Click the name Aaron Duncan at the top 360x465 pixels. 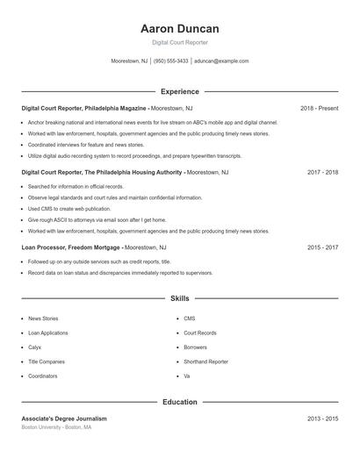coord(179,28)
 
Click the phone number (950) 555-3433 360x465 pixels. coord(171,61)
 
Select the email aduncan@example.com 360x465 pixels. coord(221,61)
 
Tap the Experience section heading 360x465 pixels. coord(179,91)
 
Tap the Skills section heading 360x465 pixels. coord(179,299)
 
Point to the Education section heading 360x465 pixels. coord(179,402)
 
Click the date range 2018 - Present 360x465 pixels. coord(319,108)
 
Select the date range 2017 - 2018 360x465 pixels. coord(322,172)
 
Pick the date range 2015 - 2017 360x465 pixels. coord(322,247)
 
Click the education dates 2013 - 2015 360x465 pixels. coord(322,418)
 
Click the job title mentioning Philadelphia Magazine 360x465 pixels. coord(84,108)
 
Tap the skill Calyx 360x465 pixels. coord(35,347)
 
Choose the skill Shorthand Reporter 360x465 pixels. coord(205,361)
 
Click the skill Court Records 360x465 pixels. coord(200,333)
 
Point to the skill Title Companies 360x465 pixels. coord(47,361)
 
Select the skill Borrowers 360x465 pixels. coord(196,347)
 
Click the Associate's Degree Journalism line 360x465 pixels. coord(64,418)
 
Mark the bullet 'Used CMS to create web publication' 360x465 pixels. coord(69,209)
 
